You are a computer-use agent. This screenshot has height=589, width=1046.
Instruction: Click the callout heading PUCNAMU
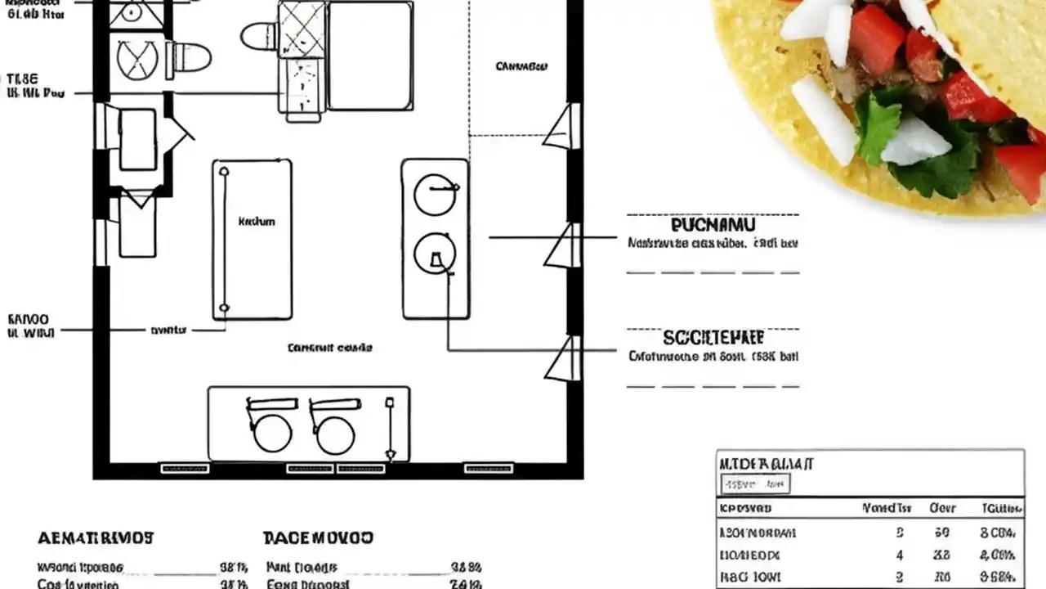point(713,224)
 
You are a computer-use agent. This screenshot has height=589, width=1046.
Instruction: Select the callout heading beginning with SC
point(713,338)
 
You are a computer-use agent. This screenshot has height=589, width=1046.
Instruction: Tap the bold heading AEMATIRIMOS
point(96,538)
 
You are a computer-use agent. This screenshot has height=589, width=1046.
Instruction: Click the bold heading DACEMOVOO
point(318,537)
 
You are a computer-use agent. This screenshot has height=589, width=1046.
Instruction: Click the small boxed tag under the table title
point(755,485)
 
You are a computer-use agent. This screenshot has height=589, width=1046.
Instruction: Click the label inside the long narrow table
point(256,221)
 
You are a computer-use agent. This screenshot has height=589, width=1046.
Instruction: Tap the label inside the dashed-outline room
point(521,66)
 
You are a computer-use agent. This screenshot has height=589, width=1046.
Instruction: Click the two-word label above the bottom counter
point(329,348)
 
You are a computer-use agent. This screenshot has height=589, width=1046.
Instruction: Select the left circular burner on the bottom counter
point(272,433)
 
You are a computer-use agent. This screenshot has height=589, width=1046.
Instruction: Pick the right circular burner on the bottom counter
point(335,433)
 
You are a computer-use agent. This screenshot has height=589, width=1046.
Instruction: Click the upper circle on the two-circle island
point(434,196)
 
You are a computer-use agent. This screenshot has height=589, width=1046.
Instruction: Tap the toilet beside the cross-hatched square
point(260,36)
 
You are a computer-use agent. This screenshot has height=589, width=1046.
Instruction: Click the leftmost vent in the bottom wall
point(185,469)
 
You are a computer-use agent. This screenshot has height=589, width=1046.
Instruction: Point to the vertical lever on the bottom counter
point(391,428)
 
